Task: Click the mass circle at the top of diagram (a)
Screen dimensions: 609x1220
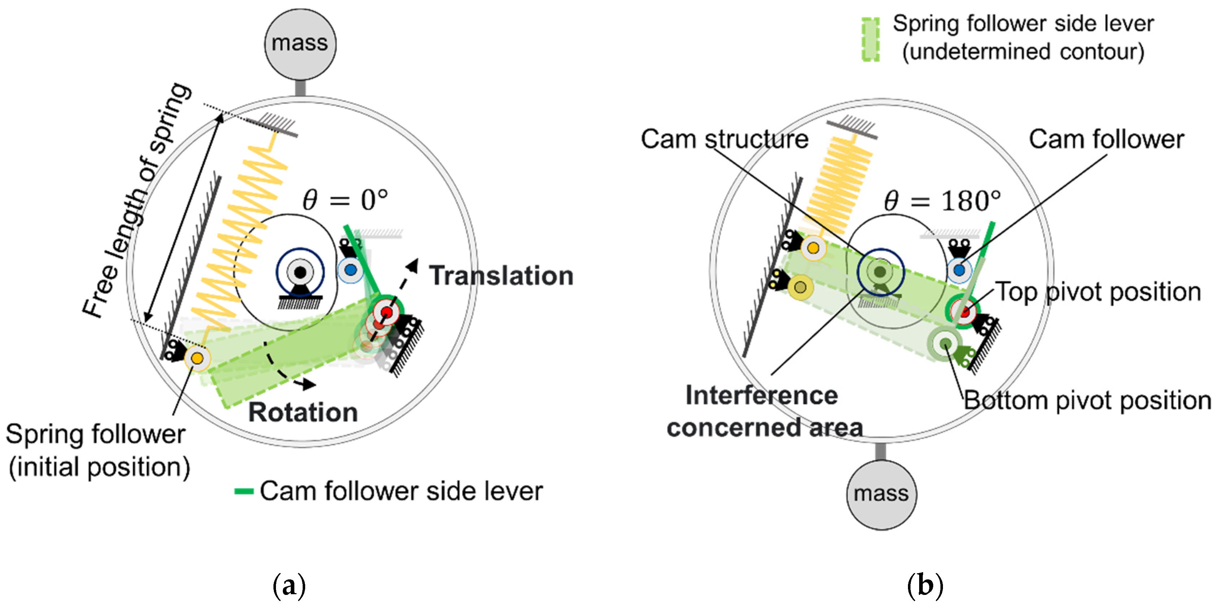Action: click(300, 44)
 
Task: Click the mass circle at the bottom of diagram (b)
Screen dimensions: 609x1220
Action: click(881, 494)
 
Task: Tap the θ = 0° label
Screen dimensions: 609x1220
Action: click(345, 200)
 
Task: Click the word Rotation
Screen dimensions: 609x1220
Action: click(303, 412)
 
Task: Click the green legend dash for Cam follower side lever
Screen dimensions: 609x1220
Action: click(244, 491)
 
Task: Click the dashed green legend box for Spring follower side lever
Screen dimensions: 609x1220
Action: click(870, 39)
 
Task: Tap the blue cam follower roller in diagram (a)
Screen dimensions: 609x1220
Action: click(351, 270)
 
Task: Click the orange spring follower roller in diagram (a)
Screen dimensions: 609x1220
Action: click(197, 358)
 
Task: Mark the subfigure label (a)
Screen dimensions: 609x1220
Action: click(289, 586)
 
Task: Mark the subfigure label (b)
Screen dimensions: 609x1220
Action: click(925, 586)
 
